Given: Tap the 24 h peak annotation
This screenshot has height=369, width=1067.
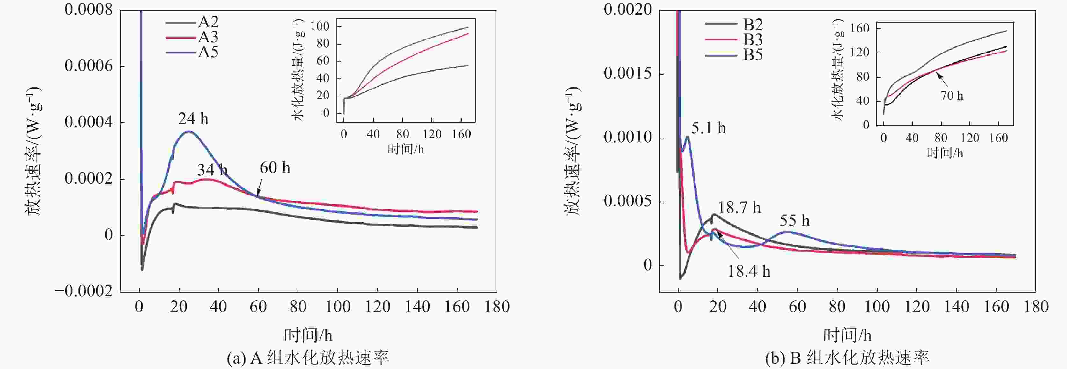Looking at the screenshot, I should (193, 119).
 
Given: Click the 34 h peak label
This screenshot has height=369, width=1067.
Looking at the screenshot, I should (212, 170).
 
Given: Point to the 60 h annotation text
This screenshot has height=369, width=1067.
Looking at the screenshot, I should (275, 168).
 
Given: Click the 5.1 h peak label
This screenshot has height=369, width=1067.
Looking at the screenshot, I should (708, 128).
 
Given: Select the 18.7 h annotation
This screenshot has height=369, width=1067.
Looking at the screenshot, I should (740, 208).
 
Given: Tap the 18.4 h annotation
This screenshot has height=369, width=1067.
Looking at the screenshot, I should (749, 271).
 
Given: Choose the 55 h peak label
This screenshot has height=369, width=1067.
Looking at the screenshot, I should (794, 221).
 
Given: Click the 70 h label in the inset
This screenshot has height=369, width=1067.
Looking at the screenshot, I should (952, 96).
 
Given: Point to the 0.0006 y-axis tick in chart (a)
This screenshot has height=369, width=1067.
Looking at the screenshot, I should (88, 66).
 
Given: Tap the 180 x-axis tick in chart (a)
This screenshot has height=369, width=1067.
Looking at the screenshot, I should (497, 307).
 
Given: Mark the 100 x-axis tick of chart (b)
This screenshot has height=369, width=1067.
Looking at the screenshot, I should (877, 307).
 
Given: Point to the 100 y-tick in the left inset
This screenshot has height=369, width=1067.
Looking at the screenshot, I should (320, 26).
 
